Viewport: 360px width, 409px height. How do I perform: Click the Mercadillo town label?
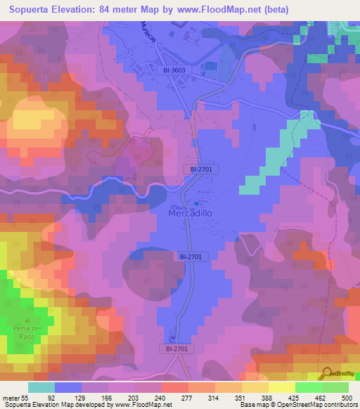[x=189, y=213]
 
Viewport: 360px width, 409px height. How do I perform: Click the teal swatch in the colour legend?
[x=41, y=388]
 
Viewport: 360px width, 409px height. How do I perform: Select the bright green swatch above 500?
[x=335, y=388]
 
